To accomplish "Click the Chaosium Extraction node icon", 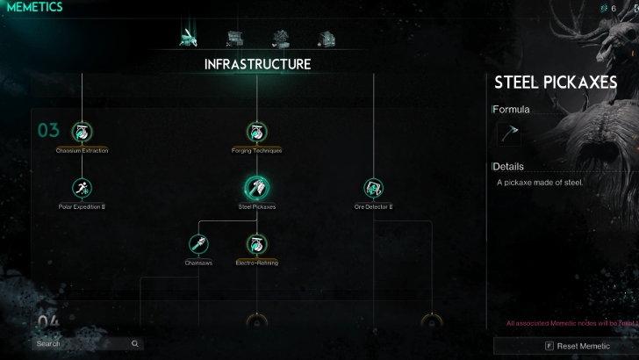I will [82, 133].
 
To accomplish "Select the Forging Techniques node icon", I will [256, 133].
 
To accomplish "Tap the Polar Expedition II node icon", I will [82, 188].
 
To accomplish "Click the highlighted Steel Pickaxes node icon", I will [256, 188].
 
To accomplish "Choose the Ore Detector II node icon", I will [374, 188].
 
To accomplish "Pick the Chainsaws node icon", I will [198, 243].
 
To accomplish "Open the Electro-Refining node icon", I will [256, 243].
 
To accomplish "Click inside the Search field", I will [79, 344].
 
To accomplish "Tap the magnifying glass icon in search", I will [134, 344].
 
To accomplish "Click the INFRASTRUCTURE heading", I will [257, 64].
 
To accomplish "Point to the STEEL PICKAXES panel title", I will [556, 83].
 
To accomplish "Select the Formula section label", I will [512, 110].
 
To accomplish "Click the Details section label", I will [509, 166].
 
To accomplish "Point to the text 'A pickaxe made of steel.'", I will [540, 183].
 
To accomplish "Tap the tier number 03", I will [48, 131].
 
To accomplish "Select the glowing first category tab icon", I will [188, 38].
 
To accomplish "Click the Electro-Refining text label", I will [256, 263].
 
